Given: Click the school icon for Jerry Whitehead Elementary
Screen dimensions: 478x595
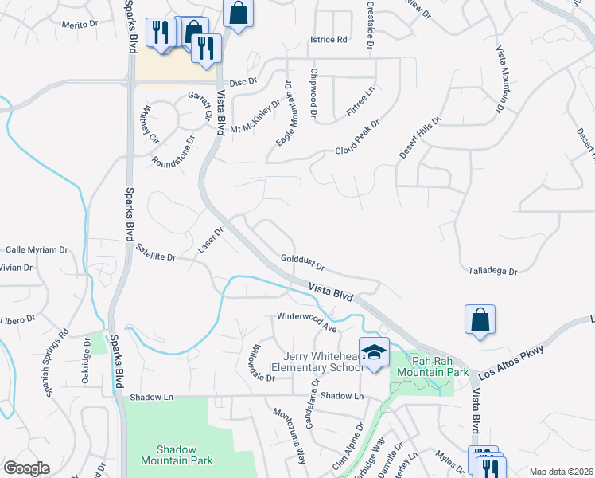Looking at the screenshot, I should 373,352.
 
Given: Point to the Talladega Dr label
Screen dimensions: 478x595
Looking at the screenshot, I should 493,271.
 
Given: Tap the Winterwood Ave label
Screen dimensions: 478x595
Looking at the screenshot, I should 307,321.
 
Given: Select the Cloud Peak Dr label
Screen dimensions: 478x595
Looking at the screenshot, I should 357,138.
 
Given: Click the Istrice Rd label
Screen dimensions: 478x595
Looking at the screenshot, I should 329,39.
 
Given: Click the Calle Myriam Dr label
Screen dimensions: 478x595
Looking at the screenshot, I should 37,249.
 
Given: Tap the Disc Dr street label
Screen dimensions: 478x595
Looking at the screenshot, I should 244,82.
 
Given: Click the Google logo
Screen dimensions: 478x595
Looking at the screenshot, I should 26,468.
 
